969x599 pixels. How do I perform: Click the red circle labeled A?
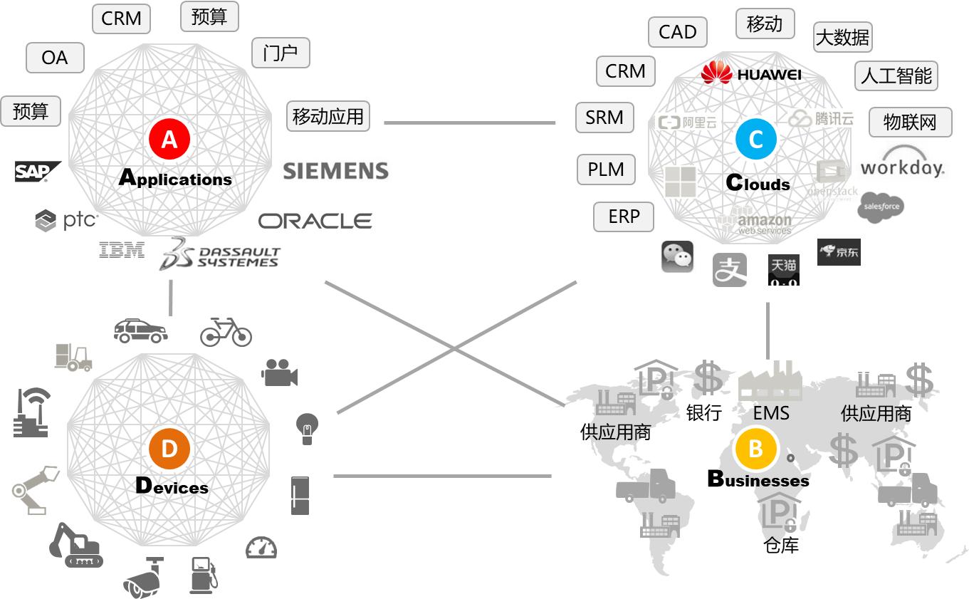pyautogui.click(x=169, y=138)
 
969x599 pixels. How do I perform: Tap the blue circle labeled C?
pyautogui.click(x=755, y=139)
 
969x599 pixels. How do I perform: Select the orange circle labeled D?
pyautogui.click(x=169, y=449)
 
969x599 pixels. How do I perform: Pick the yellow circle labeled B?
pyautogui.click(x=755, y=449)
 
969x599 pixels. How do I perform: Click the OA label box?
pyautogui.click(x=55, y=57)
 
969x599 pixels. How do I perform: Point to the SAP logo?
pyautogui.click(x=36, y=171)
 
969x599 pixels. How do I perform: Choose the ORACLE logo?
pyautogui.click(x=315, y=221)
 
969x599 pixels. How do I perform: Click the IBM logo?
pyautogui.click(x=122, y=249)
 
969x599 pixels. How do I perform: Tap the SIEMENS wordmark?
pyautogui.click(x=335, y=171)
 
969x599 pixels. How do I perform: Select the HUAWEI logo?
pyautogui.click(x=751, y=73)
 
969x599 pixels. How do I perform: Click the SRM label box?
pyautogui.click(x=604, y=118)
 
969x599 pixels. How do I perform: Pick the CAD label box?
pyautogui.click(x=677, y=32)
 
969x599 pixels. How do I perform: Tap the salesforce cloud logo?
pyautogui.click(x=881, y=207)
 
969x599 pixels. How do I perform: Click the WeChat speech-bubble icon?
pyautogui.click(x=677, y=256)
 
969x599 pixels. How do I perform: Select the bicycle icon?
pyautogui.click(x=226, y=331)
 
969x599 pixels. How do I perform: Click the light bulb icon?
pyautogui.click(x=307, y=428)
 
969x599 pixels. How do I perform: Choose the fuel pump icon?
pyautogui.click(x=202, y=575)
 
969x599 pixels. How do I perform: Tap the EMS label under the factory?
pyautogui.click(x=771, y=412)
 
